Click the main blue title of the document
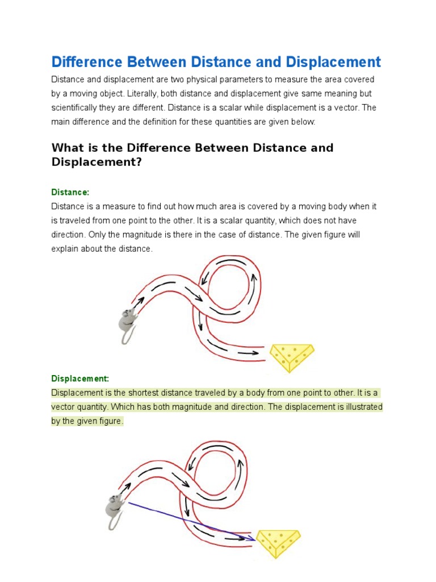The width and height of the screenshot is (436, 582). point(216,62)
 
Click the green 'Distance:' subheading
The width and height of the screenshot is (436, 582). point(70,193)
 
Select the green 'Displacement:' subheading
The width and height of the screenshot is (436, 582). point(80,379)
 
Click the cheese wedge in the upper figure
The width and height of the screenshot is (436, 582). point(291,356)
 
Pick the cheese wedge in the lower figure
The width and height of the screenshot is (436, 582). point(278,542)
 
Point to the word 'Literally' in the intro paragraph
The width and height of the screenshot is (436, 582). point(145,94)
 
